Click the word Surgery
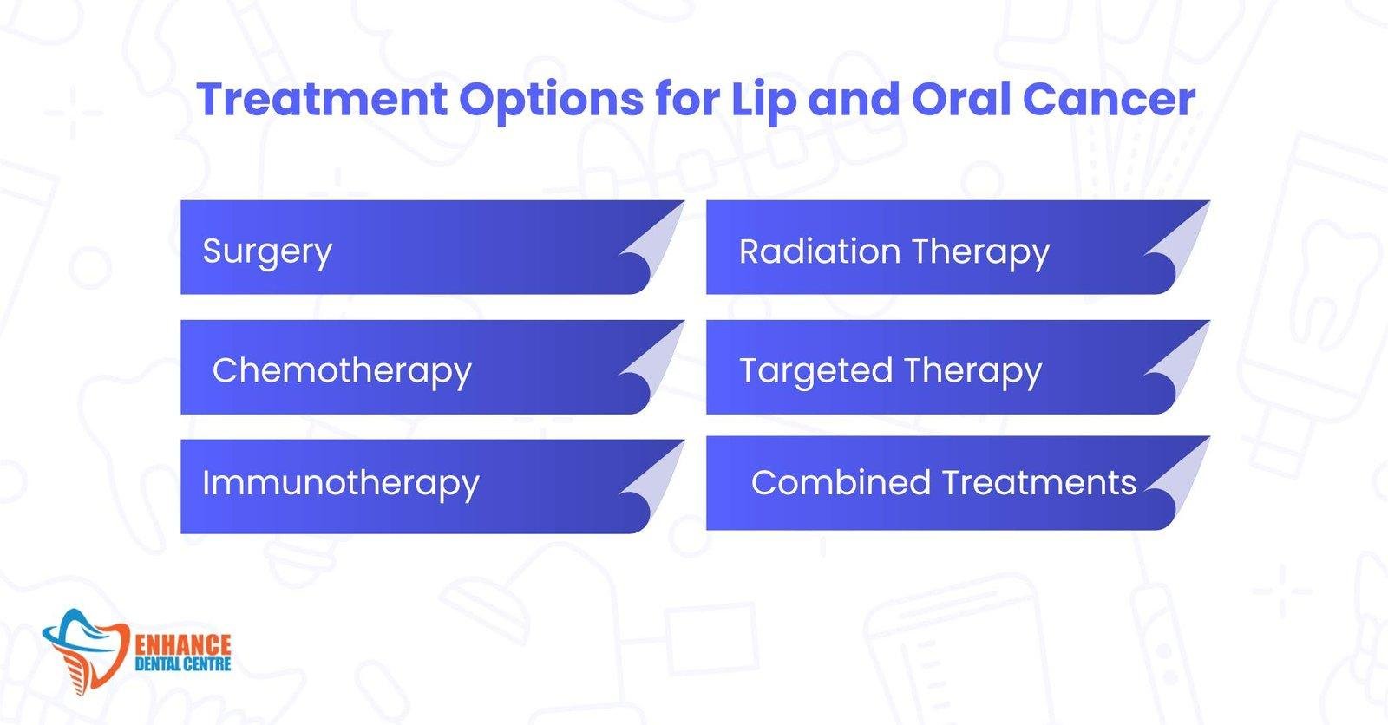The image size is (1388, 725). click(x=267, y=252)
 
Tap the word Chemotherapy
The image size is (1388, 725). click(x=342, y=371)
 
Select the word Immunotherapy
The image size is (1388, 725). click(x=340, y=484)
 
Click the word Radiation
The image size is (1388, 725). click(x=819, y=251)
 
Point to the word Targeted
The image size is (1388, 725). click(x=815, y=371)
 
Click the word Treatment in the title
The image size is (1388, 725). click(x=322, y=99)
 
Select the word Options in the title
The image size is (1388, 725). click(x=551, y=101)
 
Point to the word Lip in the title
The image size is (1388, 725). click(x=763, y=101)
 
